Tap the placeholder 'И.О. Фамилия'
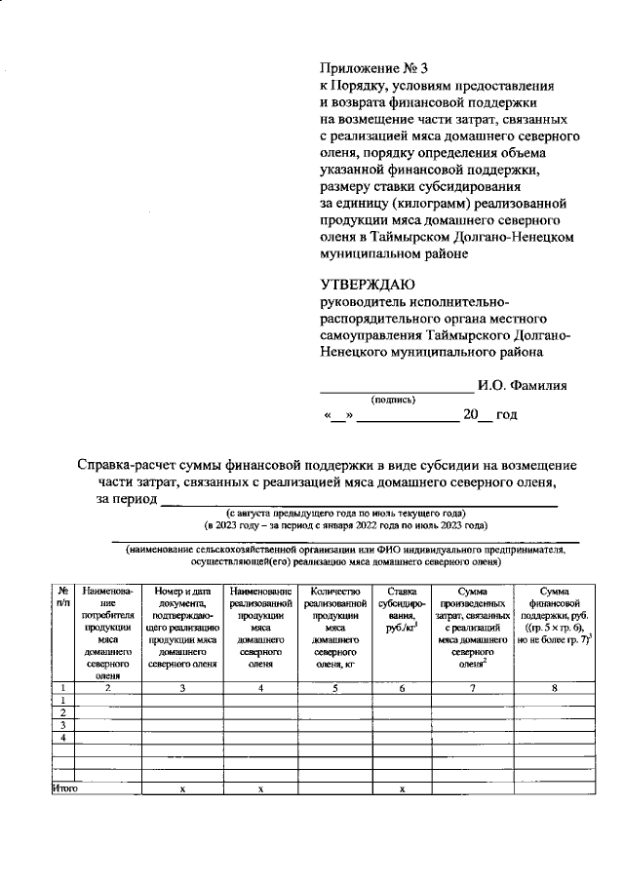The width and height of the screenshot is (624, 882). (522, 385)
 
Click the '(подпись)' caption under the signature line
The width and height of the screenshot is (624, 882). (393, 400)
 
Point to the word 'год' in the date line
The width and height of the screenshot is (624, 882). (505, 415)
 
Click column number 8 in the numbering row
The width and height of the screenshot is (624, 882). (554, 687)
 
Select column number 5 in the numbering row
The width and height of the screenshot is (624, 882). (335, 687)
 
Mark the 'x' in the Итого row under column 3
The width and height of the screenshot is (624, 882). (183, 788)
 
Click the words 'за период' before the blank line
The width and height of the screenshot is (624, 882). (126, 499)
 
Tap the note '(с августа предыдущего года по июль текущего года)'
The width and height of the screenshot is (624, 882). (346, 513)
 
